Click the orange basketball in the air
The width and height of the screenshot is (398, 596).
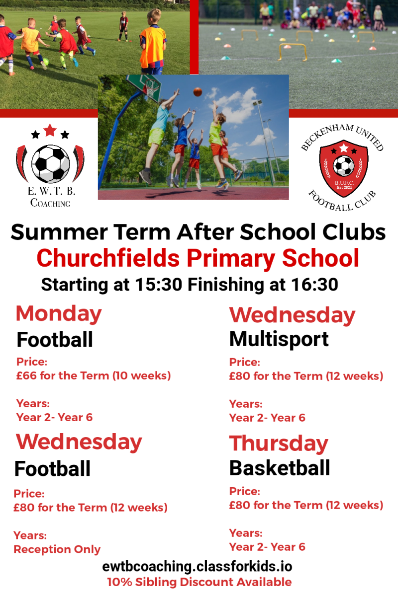coord(198,92)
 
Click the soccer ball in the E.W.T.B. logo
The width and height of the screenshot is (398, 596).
coord(50,163)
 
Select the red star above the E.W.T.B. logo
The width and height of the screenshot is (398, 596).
coord(50,130)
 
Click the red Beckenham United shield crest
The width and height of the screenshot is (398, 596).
coord(344,168)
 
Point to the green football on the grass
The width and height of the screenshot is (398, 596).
coord(46,62)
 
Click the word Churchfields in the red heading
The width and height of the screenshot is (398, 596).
coord(108,258)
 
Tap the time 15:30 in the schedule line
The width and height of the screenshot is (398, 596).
coord(158,285)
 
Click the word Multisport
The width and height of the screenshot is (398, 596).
coord(279,340)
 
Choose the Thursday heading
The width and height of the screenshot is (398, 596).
coord(279,444)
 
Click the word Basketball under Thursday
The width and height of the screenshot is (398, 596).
coord(280,468)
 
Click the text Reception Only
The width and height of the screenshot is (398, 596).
coord(57,549)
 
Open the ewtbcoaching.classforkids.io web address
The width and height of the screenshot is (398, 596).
coord(198,567)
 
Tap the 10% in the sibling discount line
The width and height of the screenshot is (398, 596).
coord(120,582)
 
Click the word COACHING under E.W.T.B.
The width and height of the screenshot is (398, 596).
coord(50,203)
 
